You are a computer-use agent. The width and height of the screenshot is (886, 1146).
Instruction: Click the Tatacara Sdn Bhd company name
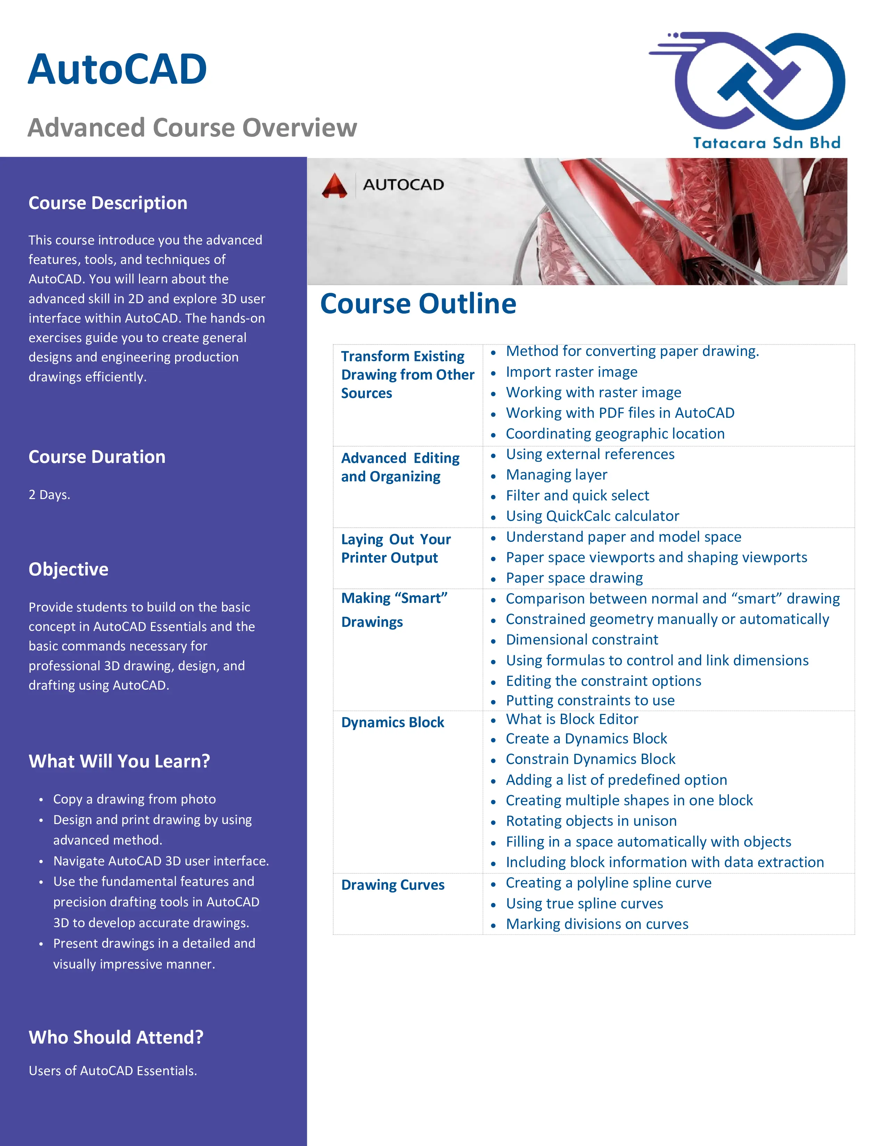pos(766,143)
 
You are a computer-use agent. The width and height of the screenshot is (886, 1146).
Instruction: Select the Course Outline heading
pos(418,304)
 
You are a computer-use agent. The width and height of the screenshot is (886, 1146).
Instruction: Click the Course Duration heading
pos(97,457)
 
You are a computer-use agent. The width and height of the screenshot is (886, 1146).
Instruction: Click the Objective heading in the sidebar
pos(69,569)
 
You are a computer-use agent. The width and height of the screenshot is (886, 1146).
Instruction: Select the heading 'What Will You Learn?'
pos(119,761)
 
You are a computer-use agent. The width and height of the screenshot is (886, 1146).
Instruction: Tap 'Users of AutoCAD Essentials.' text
pos(113,1070)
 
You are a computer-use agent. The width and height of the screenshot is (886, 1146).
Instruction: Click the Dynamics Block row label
pos(393,723)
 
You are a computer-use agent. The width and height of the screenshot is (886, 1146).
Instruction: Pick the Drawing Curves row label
pos(393,885)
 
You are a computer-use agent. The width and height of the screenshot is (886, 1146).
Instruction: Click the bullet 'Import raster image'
pos(571,372)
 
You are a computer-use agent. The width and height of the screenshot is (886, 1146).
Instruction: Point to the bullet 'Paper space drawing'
pos(574,578)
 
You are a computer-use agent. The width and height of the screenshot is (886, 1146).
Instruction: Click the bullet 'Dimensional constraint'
pos(582,640)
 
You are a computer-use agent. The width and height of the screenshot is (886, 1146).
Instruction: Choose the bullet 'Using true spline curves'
pos(584,904)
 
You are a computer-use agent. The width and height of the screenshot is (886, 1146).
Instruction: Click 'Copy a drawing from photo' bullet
pos(134,799)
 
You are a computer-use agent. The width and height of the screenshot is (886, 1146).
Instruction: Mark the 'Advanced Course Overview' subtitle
pos(192,127)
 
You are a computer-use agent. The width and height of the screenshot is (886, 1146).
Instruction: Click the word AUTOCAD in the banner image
pos(403,185)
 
